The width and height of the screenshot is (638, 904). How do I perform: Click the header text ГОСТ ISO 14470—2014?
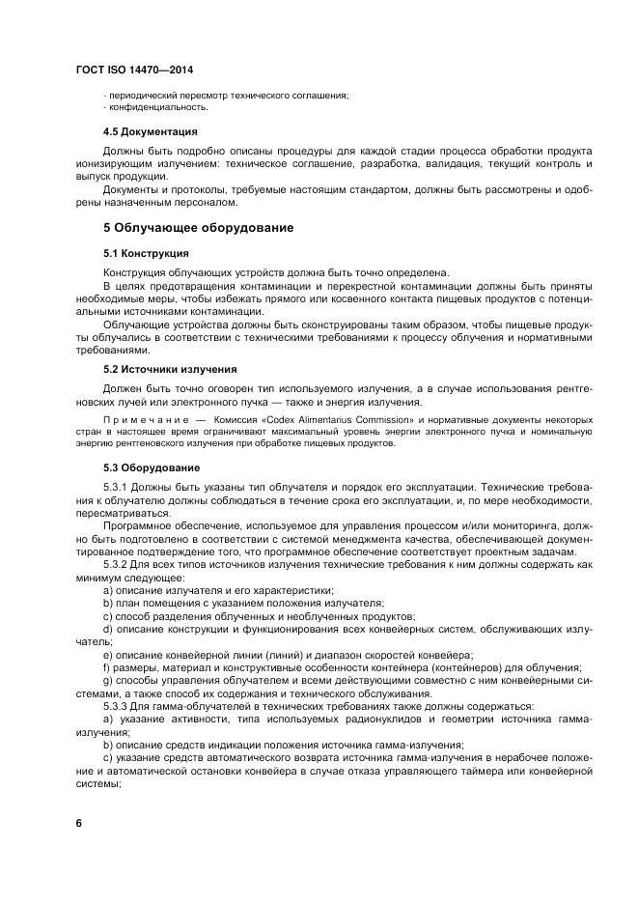click(x=141, y=71)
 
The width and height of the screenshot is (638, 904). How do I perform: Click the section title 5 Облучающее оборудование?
click(x=198, y=228)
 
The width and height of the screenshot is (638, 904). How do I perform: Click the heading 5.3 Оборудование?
click(x=152, y=468)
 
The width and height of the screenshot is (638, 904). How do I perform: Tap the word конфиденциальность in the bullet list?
click(x=159, y=106)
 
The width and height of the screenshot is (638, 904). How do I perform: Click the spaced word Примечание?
click(x=143, y=421)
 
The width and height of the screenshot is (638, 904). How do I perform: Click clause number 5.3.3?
click(x=118, y=705)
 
